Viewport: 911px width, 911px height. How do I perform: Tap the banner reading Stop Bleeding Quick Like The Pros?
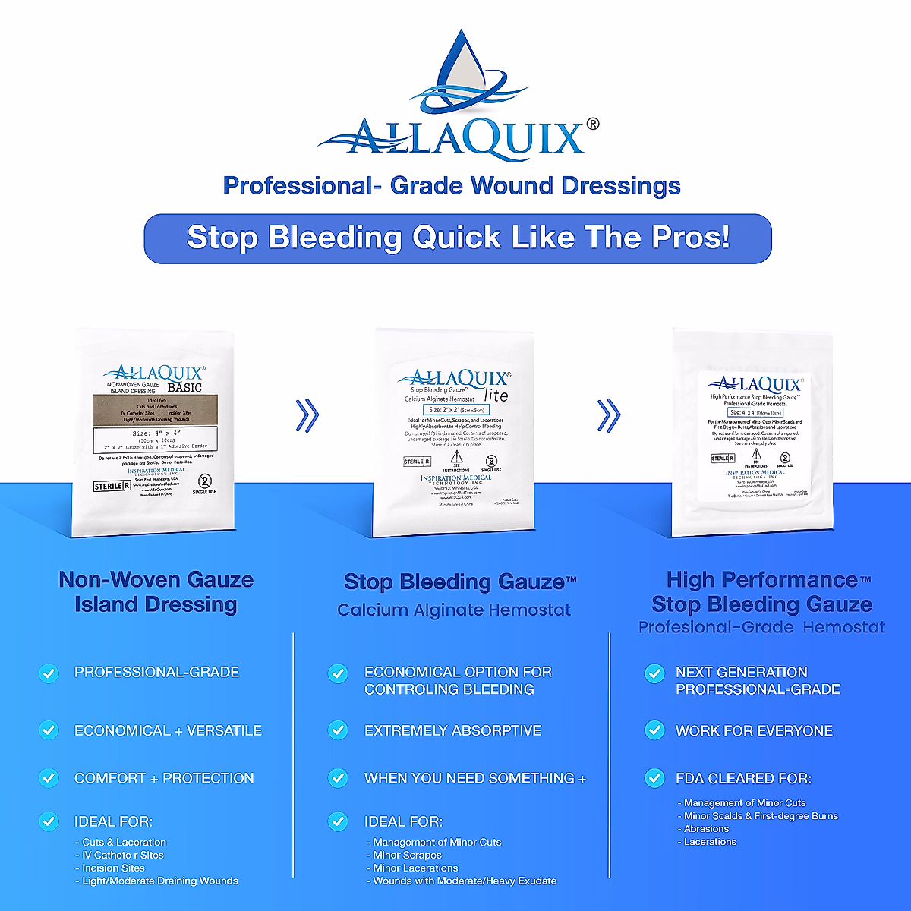click(458, 238)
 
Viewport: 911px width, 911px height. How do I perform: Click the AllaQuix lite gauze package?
click(454, 433)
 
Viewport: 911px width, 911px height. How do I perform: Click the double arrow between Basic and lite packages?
click(307, 415)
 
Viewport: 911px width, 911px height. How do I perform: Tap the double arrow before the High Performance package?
click(609, 415)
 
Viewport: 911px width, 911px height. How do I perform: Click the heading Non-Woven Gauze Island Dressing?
click(156, 592)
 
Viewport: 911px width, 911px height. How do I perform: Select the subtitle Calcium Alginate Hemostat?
click(454, 610)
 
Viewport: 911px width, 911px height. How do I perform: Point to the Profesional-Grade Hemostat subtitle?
click(761, 628)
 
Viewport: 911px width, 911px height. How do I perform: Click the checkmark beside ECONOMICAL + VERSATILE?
click(49, 730)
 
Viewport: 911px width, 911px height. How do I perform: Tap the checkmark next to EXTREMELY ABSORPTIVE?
click(338, 730)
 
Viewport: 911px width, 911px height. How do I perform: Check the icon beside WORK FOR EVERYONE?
click(654, 730)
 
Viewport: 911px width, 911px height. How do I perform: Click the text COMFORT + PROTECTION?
click(164, 778)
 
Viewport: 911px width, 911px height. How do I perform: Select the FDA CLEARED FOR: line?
click(743, 778)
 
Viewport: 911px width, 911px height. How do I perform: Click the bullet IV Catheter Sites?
click(123, 855)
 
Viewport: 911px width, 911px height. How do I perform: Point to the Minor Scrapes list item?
click(407, 855)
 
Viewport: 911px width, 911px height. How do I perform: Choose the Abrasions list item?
click(706, 829)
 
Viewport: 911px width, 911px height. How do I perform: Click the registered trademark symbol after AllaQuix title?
click(593, 124)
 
